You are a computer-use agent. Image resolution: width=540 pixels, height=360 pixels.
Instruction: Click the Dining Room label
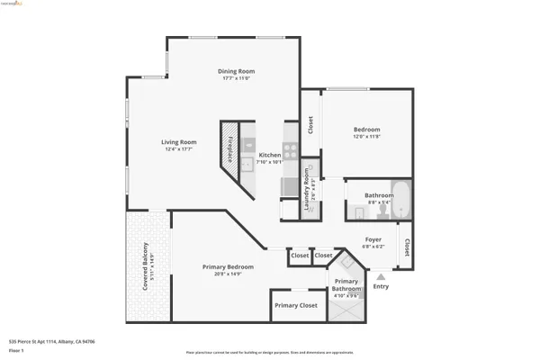[237, 71]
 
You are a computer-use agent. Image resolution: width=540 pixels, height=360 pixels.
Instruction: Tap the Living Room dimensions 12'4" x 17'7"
[179, 149]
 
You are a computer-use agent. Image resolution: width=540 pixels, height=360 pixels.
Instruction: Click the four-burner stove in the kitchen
[290, 151]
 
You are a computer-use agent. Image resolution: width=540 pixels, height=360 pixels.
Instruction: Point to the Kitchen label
[270, 155]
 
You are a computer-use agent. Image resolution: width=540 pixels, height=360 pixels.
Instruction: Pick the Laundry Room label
[307, 188]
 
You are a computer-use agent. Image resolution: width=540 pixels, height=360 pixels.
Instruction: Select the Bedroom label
[366, 130]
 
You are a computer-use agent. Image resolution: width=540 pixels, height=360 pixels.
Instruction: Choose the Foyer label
[373, 239]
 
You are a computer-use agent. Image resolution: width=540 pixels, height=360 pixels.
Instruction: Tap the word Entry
[382, 287]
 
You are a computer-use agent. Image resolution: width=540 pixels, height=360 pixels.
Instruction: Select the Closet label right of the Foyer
[407, 247]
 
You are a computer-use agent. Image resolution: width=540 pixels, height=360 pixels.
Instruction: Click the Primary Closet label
[297, 306]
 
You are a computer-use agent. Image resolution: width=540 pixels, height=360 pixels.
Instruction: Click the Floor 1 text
[15, 351]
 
